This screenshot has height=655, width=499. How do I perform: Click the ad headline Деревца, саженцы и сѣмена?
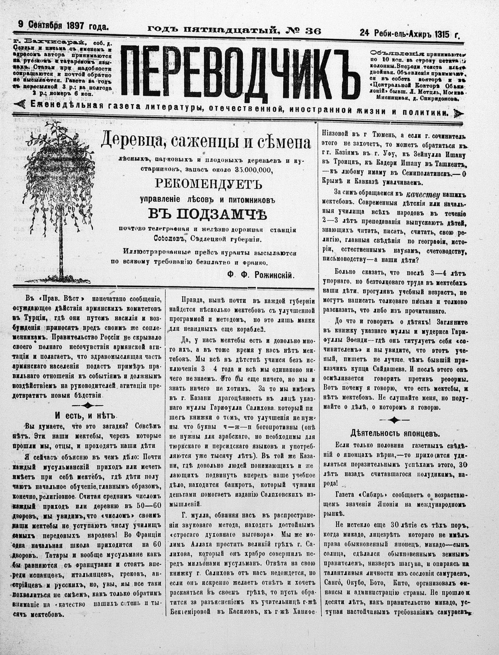click(206, 142)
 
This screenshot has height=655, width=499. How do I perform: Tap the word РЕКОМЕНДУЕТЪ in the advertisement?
click(208, 184)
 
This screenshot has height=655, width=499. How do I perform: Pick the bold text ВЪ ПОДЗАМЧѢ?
click(207, 214)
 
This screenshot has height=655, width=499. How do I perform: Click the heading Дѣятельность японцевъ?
click(395, 433)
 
